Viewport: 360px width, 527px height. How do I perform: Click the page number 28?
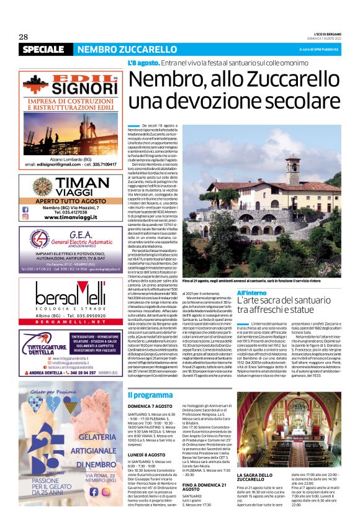[24, 37]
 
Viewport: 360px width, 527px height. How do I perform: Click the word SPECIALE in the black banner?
[47, 49]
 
